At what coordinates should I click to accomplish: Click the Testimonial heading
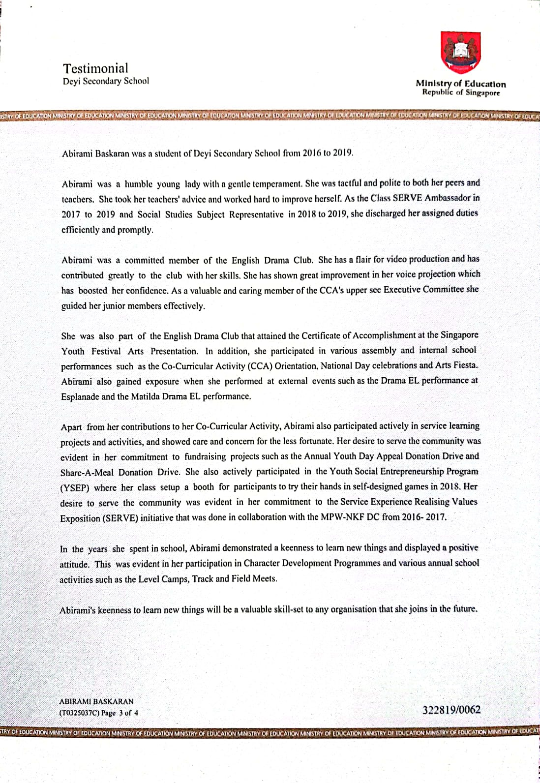point(95,68)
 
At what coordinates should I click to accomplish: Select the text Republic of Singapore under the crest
point(461,92)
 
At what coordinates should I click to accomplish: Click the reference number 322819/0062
point(451,710)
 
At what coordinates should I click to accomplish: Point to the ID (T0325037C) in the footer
point(79,712)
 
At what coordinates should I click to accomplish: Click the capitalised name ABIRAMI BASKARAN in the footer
point(96,701)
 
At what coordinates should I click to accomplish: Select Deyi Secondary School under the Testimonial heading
point(106,81)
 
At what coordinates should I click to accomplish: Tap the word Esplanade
point(80,396)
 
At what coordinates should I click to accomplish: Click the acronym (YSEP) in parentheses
point(75,488)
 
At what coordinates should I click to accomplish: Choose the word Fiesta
point(465,365)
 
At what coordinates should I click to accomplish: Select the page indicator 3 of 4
point(128,712)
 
